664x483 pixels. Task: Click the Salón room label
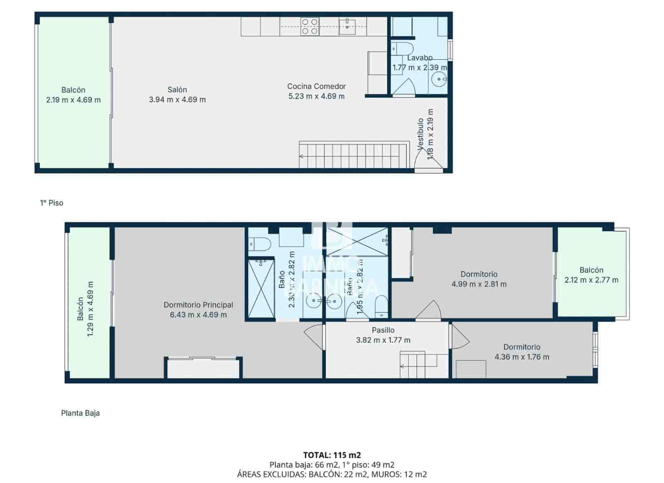click(x=177, y=90)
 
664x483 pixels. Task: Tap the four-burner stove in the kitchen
click(x=310, y=26)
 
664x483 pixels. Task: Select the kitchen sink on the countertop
click(x=346, y=26)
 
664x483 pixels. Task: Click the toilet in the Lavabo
click(x=402, y=48)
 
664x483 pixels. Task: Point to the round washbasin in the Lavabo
click(x=439, y=79)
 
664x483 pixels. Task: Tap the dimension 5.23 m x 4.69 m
click(x=316, y=96)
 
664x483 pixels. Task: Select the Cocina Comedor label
click(x=316, y=86)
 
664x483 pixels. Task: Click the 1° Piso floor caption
click(x=52, y=203)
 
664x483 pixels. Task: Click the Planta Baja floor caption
click(x=80, y=413)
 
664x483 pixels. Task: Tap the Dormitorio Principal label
click(x=198, y=305)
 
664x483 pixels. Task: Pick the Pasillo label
click(x=383, y=330)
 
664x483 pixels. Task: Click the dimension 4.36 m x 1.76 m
click(x=522, y=357)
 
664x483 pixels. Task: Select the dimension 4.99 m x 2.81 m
click(x=479, y=284)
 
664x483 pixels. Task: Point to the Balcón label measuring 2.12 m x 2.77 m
click(x=591, y=270)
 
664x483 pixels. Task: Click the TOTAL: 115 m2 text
click(x=332, y=455)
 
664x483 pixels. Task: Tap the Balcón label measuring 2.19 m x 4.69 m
click(x=73, y=90)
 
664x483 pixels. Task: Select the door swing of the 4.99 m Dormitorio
click(x=430, y=311)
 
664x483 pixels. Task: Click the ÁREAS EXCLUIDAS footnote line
click(x=332, y=474)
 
